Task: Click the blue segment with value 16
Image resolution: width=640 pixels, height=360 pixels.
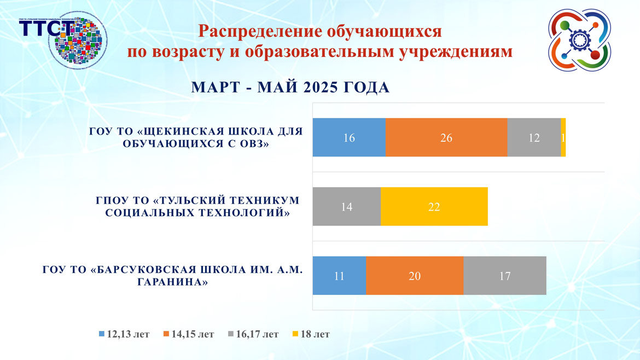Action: pyautogui.click(x=349, y=138)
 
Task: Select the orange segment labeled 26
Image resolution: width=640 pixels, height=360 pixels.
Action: pyautogui.click(x=446, y=138)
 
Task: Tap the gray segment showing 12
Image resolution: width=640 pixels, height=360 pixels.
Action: pyautogui.click(x=534, y=138)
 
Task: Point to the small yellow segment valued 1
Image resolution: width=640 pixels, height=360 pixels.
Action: pyautogui.click(x=563, y=138)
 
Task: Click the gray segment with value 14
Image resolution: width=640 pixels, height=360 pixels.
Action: pyautogui.click(x=346, y=207)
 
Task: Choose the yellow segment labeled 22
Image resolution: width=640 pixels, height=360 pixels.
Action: pyautogui.click(x=434, y=207)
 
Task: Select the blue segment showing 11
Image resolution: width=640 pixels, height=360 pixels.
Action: pyautogui.click(x=339, y=276)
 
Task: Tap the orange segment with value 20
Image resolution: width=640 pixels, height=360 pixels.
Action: pyautogui.click(x=415, y=276)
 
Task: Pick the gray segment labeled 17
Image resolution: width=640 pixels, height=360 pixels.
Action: pyautogui.click(x=504, y=276)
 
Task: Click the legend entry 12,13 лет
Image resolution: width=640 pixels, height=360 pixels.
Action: pyautogui.click(x=124, y=334)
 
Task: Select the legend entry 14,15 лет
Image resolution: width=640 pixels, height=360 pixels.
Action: pyautogui.click(x=189, y=334)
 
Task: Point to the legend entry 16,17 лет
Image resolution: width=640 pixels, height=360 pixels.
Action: pyautogui.click(x=253, y=334)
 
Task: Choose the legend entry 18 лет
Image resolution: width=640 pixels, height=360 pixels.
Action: pyautogui.click(x=312, y=334)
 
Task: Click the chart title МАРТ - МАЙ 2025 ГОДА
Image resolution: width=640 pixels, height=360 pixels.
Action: pyautogui.click(x=290, y=88)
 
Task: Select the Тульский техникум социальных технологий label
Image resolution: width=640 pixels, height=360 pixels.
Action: pyautogui.click(x=197, y=207)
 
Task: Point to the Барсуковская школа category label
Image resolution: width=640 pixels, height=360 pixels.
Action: pyautogui.click(x=172, y=276)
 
